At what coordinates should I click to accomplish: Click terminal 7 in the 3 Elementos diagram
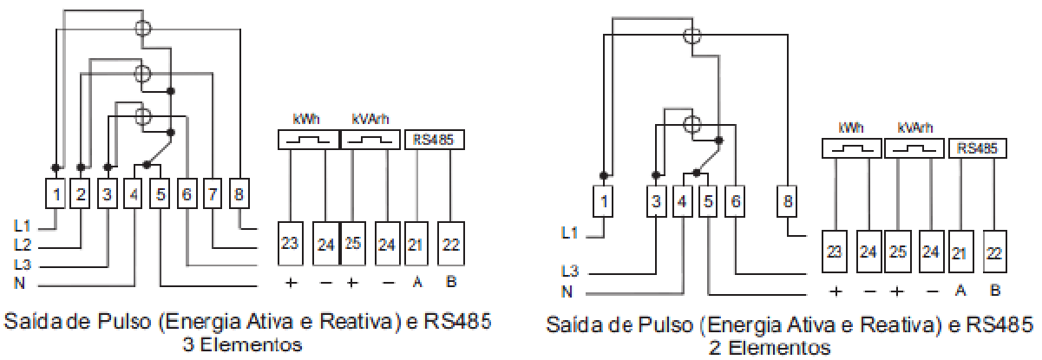(213, 193)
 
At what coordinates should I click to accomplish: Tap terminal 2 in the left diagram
(80, 193)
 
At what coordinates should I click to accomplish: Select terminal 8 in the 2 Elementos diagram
(787, 201)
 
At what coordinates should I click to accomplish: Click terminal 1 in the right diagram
(603, 201)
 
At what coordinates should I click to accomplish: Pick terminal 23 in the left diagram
(291, 243)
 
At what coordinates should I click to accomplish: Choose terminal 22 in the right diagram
(994, 252)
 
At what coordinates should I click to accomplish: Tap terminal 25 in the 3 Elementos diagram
(353, 243)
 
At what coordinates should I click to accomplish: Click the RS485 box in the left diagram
(435, 140)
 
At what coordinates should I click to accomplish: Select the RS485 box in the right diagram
(977, 148)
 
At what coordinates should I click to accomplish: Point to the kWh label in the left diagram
(306, 119)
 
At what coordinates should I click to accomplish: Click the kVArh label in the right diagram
(915, 128)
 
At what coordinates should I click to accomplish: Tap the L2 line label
(23, 245)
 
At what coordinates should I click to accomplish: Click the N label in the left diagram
(19, 282)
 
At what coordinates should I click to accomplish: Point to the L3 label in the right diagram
(569, 271)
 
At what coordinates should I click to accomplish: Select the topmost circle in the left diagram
(143, 28)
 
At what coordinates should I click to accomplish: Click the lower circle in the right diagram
(691, 124)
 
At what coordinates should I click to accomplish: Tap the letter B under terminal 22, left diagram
(451, 281)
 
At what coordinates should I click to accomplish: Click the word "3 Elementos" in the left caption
(242, 345)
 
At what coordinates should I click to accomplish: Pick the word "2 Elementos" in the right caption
(770, 348)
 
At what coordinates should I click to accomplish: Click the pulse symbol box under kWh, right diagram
(852, 148)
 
